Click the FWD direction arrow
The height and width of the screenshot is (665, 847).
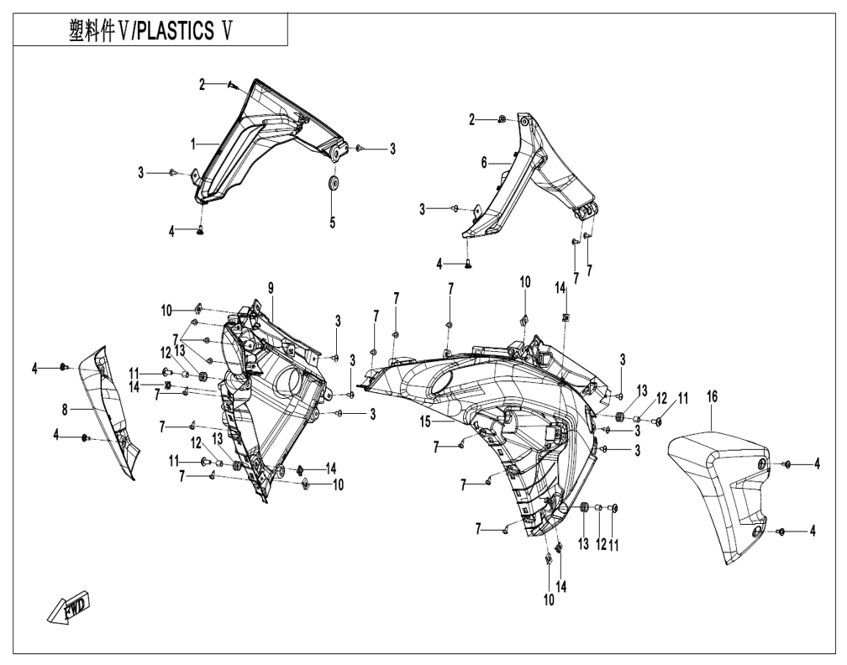[x=69, y=608]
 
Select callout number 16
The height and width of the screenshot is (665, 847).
[x=712, y=396]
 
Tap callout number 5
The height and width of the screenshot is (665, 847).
[x=332, y=222]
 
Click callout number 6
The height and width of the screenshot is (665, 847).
[x=484, y=162]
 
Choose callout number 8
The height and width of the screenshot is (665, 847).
[x=65, y=411]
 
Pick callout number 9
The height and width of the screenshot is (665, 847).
[x=271, y=288]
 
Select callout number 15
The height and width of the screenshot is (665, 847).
[x=425, y=422]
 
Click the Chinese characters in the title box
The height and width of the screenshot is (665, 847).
[x=92, y=31]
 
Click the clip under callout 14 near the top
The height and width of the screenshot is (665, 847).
[x=565, y=317]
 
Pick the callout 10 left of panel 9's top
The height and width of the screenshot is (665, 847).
[x=166, y=311]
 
